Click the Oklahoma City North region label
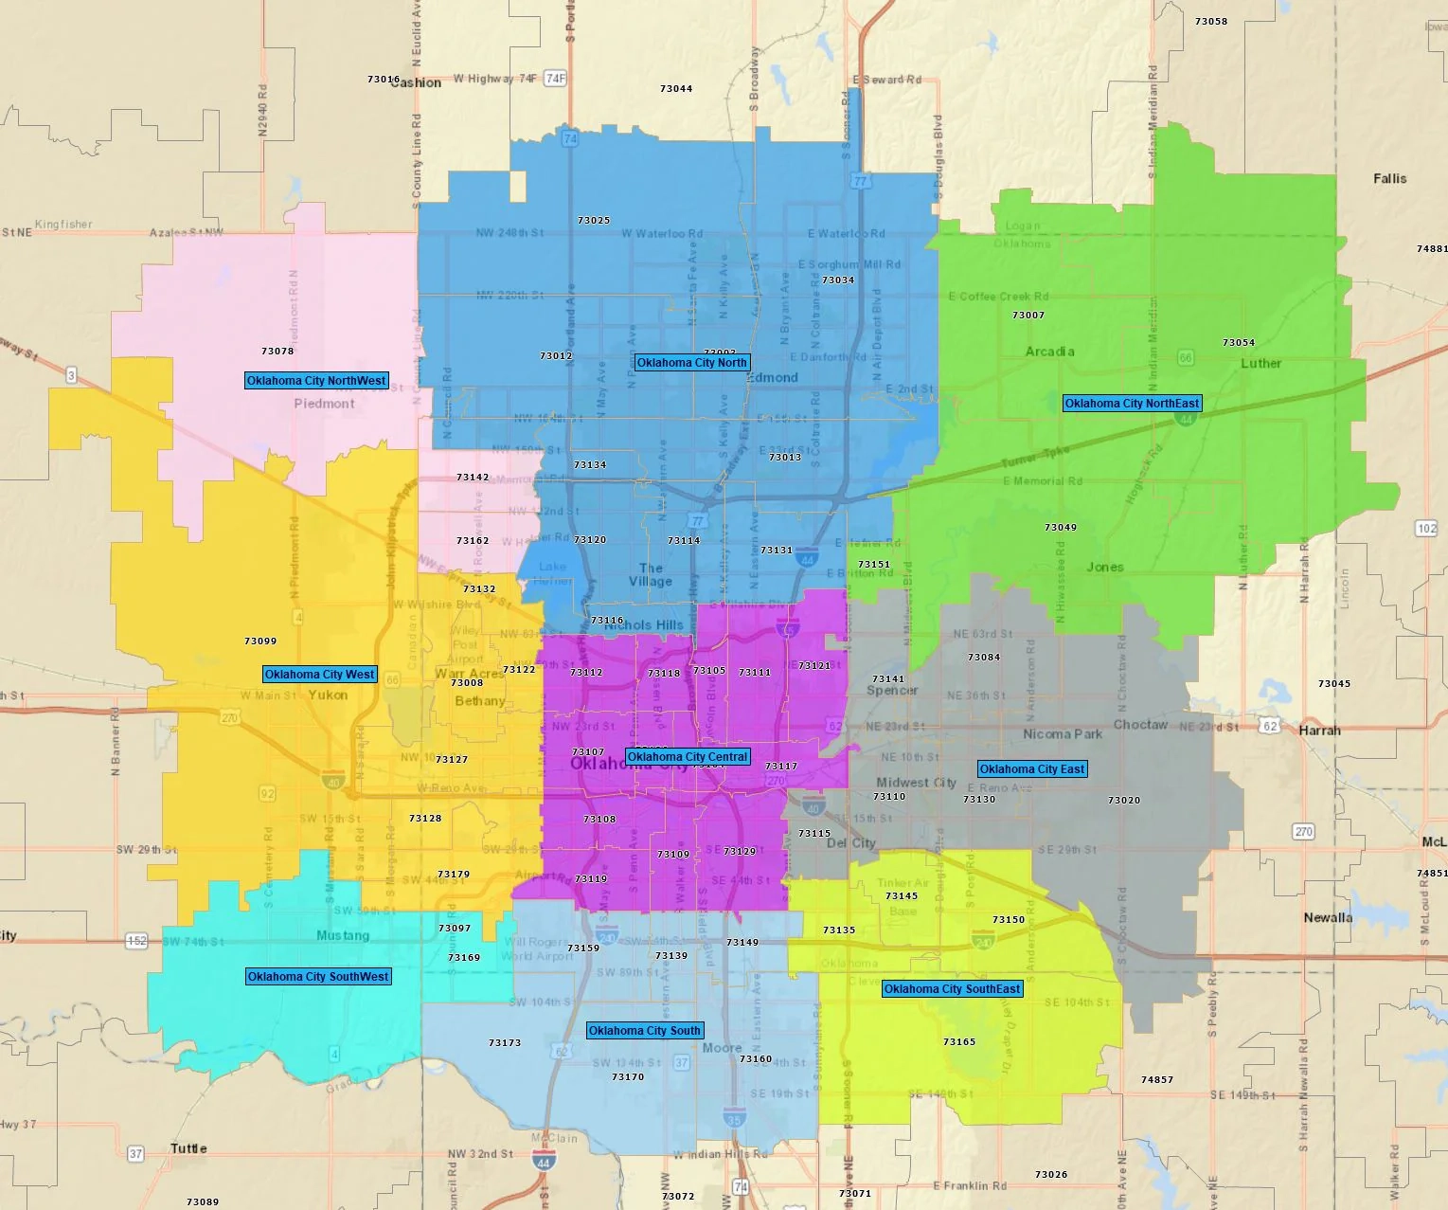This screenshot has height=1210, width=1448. coord(692,363)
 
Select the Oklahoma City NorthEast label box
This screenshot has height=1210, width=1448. coord(1132,404)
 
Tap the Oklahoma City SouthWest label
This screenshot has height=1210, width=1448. coord(318,977)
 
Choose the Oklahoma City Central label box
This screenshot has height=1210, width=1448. coord(688,757)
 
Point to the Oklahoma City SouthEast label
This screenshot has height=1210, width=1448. coord(952,989)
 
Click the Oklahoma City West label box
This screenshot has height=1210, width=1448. coord(320,675)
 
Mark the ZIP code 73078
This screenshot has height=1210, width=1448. coord(277,352)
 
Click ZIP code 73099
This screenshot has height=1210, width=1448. coord(260,641)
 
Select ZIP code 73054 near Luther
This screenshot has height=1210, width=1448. coord(1239,343)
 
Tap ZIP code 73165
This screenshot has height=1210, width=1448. coord(959,1042)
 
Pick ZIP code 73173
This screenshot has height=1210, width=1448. coord(505,1043)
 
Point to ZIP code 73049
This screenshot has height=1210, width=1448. coord(1061,528)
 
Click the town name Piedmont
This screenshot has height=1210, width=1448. coord(324,404)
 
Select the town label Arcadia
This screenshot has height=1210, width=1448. coord(1049,352)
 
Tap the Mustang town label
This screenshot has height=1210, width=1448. coord(343,936)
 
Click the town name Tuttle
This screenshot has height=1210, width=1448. coord(188,1148)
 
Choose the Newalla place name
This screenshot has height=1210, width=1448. coord(1328,917)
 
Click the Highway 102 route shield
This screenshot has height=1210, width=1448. coord(1426,529)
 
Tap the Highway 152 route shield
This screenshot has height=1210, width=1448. coord(137,941)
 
